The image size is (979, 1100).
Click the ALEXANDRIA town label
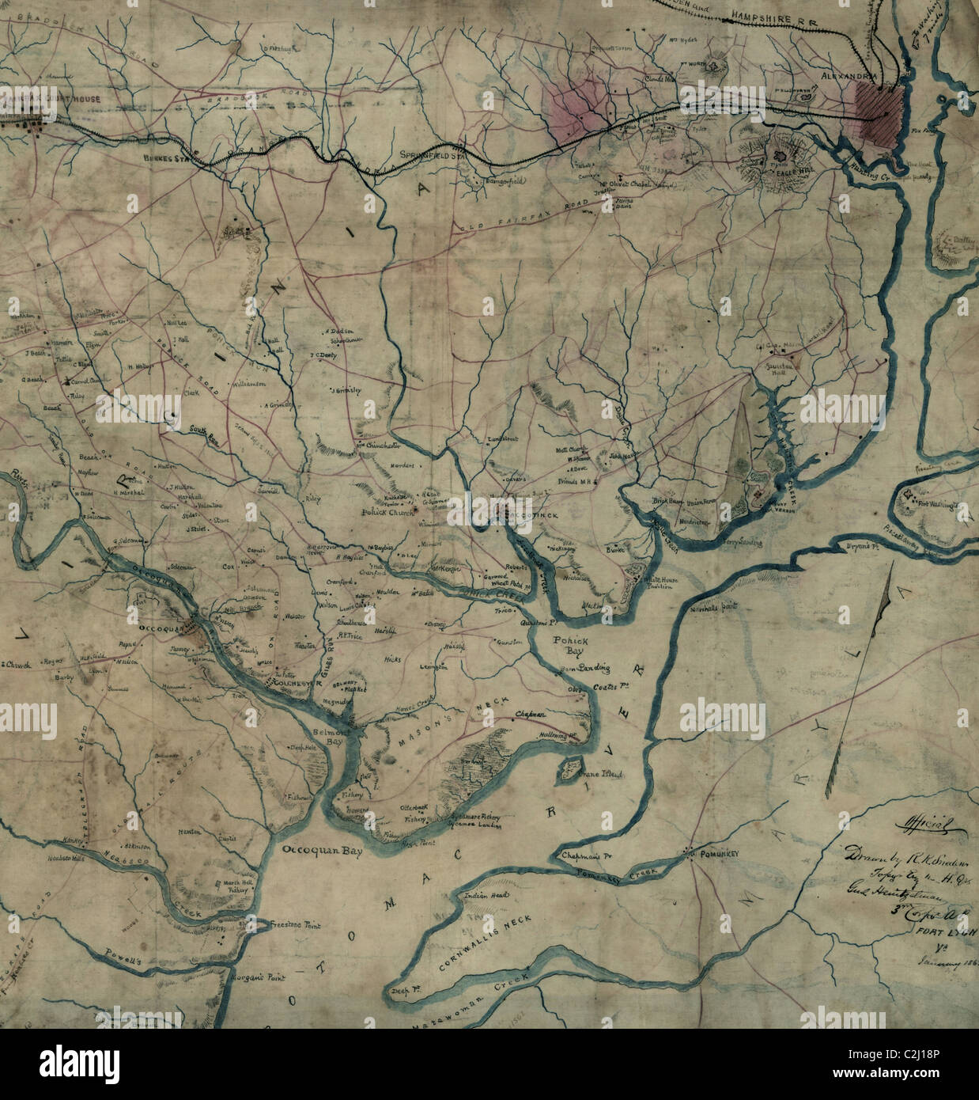coord(848,76)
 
